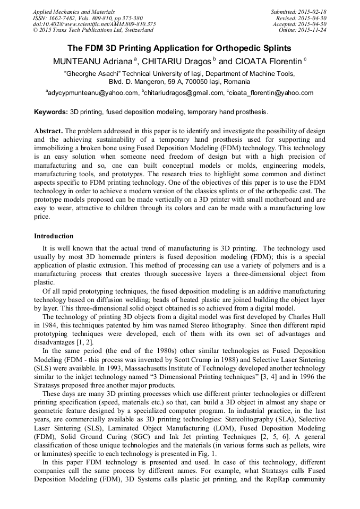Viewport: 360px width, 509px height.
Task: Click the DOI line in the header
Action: (x=95, y=24)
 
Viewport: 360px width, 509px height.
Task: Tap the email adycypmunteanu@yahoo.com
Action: (x=93, y=93)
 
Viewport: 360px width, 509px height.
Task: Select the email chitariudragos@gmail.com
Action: (x=183, y=93)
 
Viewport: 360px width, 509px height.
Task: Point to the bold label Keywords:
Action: (x=51, y=113)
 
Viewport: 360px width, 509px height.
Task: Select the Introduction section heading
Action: (x=54, y=236)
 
